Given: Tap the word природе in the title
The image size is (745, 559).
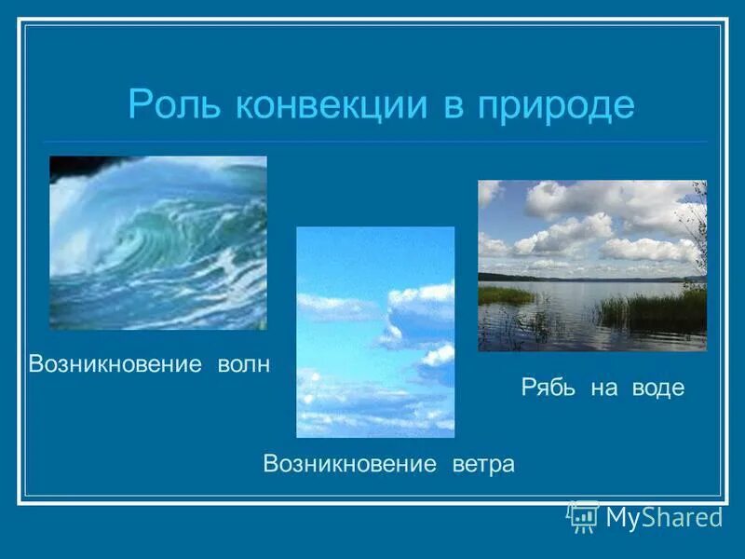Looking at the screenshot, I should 556,104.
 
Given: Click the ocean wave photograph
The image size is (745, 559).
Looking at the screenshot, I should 157,242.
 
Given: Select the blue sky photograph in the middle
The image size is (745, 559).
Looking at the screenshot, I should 375,332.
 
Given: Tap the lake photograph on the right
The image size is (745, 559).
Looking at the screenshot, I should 592,266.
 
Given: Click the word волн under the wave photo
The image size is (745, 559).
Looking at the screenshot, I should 240,364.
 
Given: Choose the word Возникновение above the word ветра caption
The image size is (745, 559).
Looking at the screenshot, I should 350,463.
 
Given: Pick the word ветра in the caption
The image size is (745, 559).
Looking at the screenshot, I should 483,463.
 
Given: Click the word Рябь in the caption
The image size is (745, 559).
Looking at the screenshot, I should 549,388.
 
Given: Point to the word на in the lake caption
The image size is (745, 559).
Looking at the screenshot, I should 603,388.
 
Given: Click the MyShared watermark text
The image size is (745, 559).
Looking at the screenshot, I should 663,517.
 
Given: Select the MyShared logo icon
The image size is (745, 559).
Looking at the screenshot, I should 584,516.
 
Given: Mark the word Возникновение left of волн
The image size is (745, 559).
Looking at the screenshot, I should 115,364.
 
